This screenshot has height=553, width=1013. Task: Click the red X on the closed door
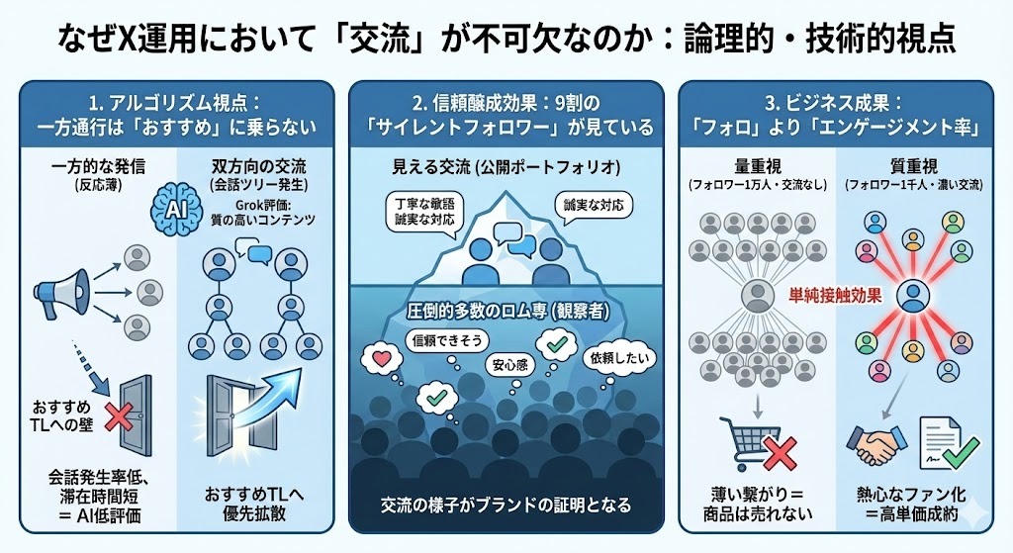coord(120,415)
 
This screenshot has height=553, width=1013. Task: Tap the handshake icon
coord(874,442)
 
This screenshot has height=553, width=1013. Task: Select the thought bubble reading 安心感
coord(510,363)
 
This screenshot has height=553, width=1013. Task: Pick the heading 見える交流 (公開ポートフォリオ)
coord(506,165)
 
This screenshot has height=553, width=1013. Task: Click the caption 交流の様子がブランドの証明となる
coord(506,504)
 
